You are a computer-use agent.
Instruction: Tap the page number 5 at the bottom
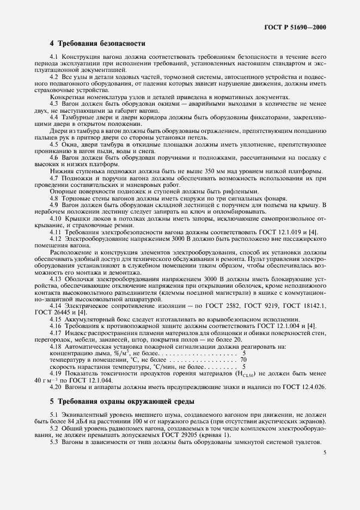point(325,452)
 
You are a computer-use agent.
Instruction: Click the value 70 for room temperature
point(243,360)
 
